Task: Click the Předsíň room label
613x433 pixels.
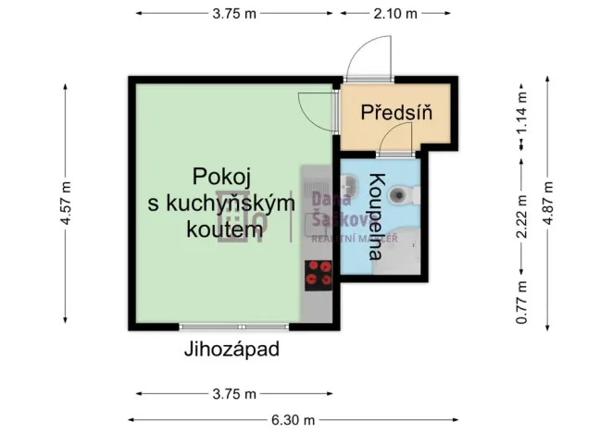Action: coord(396,113)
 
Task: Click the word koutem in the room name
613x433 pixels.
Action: coord(219,231)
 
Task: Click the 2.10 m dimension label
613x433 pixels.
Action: coord(395,14)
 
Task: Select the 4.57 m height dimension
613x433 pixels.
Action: coord(64,203)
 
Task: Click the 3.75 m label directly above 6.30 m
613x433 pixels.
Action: coord(233,393)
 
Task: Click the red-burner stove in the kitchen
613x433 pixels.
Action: coord(318,275)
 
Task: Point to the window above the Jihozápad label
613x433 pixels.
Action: coord(215,327)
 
